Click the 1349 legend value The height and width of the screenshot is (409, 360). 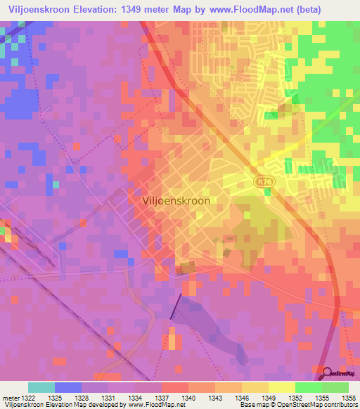click(268, 398)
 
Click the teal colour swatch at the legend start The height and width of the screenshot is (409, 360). click(41, 387)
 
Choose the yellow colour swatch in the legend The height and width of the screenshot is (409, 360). click(281, 387)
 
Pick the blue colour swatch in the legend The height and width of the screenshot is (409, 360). click(68, 387)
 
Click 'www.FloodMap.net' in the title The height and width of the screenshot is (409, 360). click(245, 9)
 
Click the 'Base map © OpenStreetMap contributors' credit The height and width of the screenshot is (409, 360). click(298, 405)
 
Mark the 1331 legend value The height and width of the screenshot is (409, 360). click(109, 398)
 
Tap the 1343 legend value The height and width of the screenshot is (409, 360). click(215, 398)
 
